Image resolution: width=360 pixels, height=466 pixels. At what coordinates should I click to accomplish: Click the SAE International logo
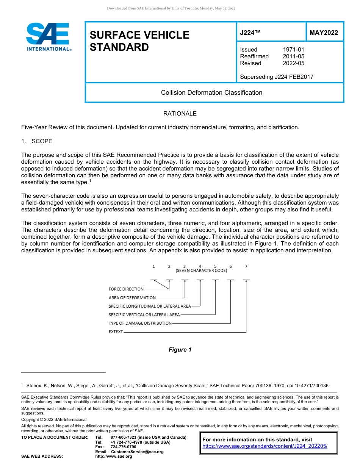click(x=49, y=37)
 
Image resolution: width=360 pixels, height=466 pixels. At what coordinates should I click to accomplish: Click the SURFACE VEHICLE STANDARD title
click(x=139, y=41)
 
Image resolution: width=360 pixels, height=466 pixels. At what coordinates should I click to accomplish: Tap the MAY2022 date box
click(x=324, y=33)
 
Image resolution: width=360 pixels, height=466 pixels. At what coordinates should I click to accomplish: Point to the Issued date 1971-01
click(x=293, y=50)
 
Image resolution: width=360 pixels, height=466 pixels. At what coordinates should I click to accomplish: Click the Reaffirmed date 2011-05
click(x=293, y=56)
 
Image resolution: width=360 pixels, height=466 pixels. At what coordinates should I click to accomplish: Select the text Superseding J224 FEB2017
click(x=277, y=77)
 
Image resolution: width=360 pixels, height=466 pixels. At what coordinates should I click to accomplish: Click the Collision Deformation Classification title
click(x=211, y=92)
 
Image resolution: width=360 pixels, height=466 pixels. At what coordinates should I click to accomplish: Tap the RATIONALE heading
click(x=180, y=114)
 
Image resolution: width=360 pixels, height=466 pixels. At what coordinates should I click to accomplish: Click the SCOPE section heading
click(x=42, y=141)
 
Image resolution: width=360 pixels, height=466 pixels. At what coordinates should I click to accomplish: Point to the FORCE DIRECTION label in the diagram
click(x=126, y=289)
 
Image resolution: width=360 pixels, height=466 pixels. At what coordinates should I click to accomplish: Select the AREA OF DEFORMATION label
click(x=132, y=298)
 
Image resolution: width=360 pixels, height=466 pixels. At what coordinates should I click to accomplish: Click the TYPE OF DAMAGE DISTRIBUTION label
click(x=140, y=323)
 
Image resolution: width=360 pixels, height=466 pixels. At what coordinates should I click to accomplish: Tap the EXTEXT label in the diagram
click(x=116, y=332)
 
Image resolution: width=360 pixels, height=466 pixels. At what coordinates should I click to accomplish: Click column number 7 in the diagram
click(x=246, y=266)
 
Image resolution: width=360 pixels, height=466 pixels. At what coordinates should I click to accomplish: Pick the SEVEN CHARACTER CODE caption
click(x=201, y=271)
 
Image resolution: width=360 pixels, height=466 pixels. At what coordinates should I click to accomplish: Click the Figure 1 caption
click(x=180, y=350)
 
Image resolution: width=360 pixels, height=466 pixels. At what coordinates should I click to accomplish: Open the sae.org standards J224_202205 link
click(x=265, y=446)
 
